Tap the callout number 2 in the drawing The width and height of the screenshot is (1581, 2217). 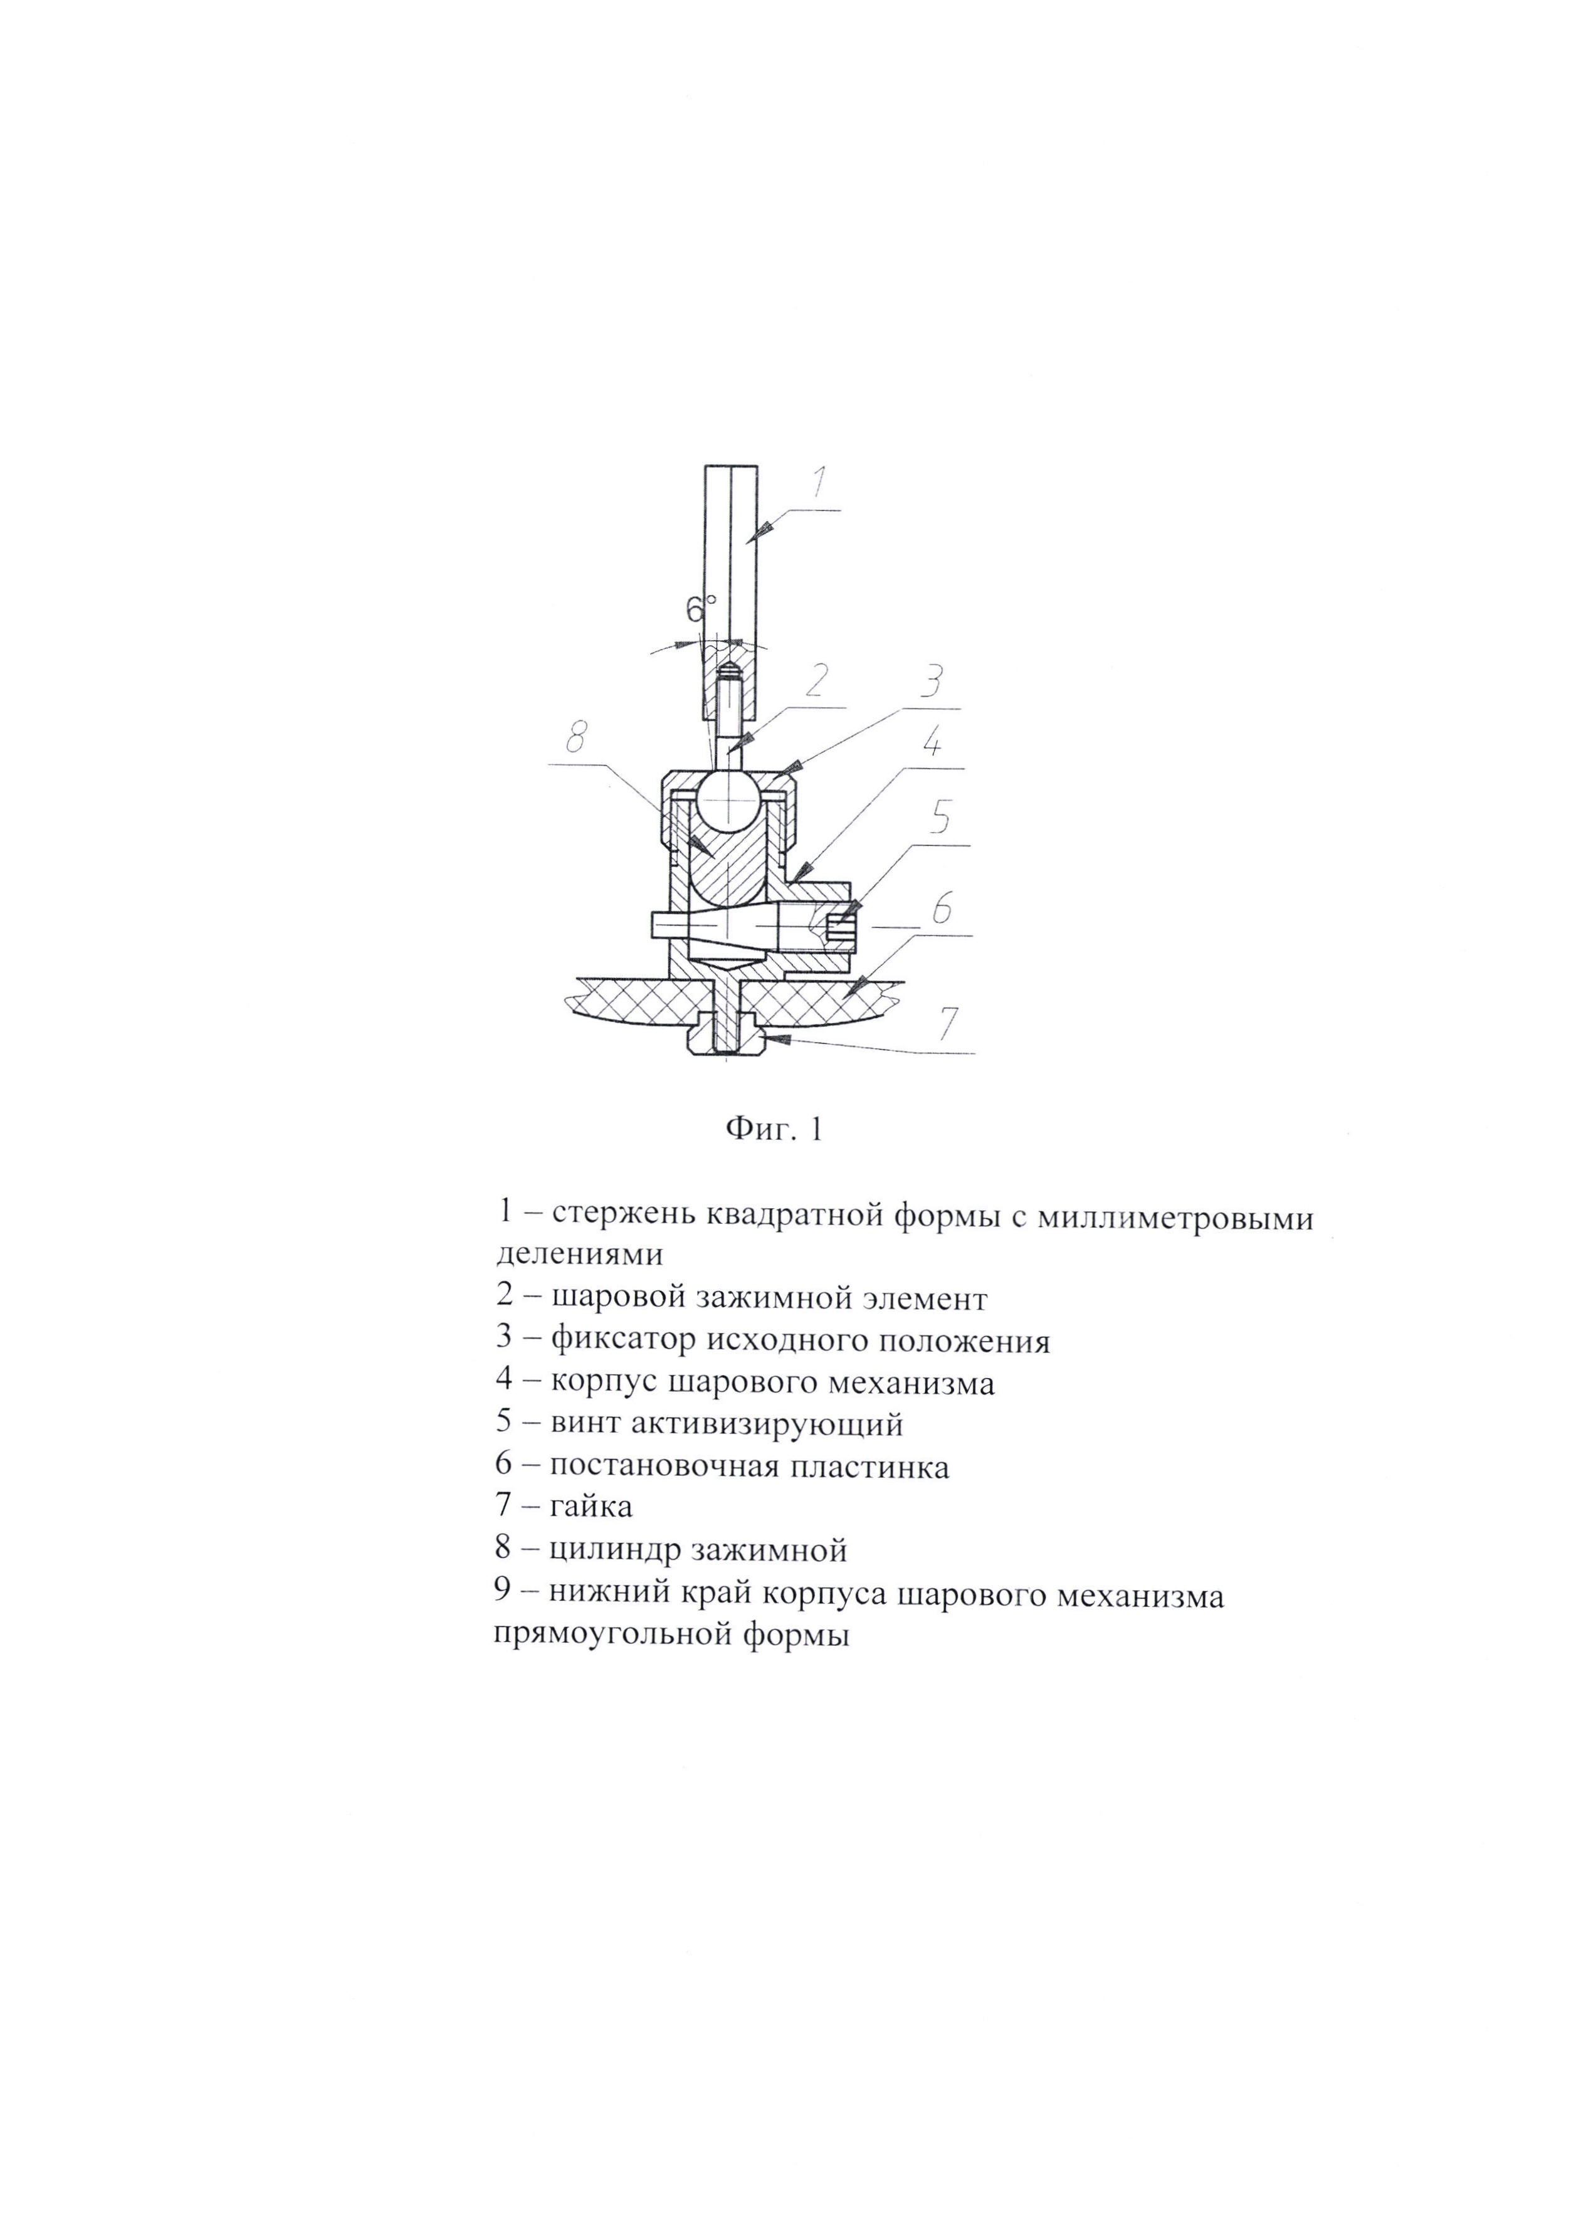[816, 682]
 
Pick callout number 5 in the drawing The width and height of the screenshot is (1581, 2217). [940, 821]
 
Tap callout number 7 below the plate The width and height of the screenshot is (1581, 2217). [947, 1023]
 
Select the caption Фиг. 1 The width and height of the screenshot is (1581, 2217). [775, 1129]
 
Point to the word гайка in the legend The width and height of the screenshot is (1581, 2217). [591, 1506]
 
